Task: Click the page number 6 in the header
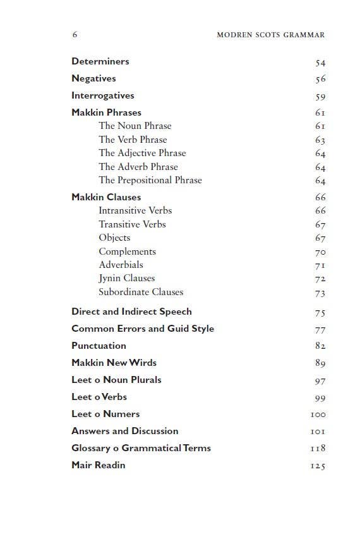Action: [x=75, y=35]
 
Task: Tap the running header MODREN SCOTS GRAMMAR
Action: [x=270, y=35]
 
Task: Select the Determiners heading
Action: [x=100, y=61]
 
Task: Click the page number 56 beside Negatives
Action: [x=320, y=80]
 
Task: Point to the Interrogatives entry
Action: [x=102, y=95]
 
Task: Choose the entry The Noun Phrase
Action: [x=135, y=126]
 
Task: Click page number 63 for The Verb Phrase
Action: [x=320, y=140]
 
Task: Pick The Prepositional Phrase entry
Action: [x=150, y=180]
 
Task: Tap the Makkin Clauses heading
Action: [x=106, y=197]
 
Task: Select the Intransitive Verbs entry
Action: [x=135, y=210]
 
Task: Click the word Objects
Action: [x=114, y=238]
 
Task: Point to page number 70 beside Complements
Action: [x=320, y=252]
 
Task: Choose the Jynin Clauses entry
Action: [x=126, y=278]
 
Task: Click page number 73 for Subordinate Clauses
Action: [x=320, y=293]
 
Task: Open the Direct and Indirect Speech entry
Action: [x=131, y=312]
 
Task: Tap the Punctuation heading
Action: [x=99, y=346]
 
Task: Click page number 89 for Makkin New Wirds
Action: [x=320, y=363]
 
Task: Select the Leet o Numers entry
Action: [x=105, y=414]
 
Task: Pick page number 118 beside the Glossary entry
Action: [x=318, y=449]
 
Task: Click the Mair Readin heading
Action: [x=98, y=465]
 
